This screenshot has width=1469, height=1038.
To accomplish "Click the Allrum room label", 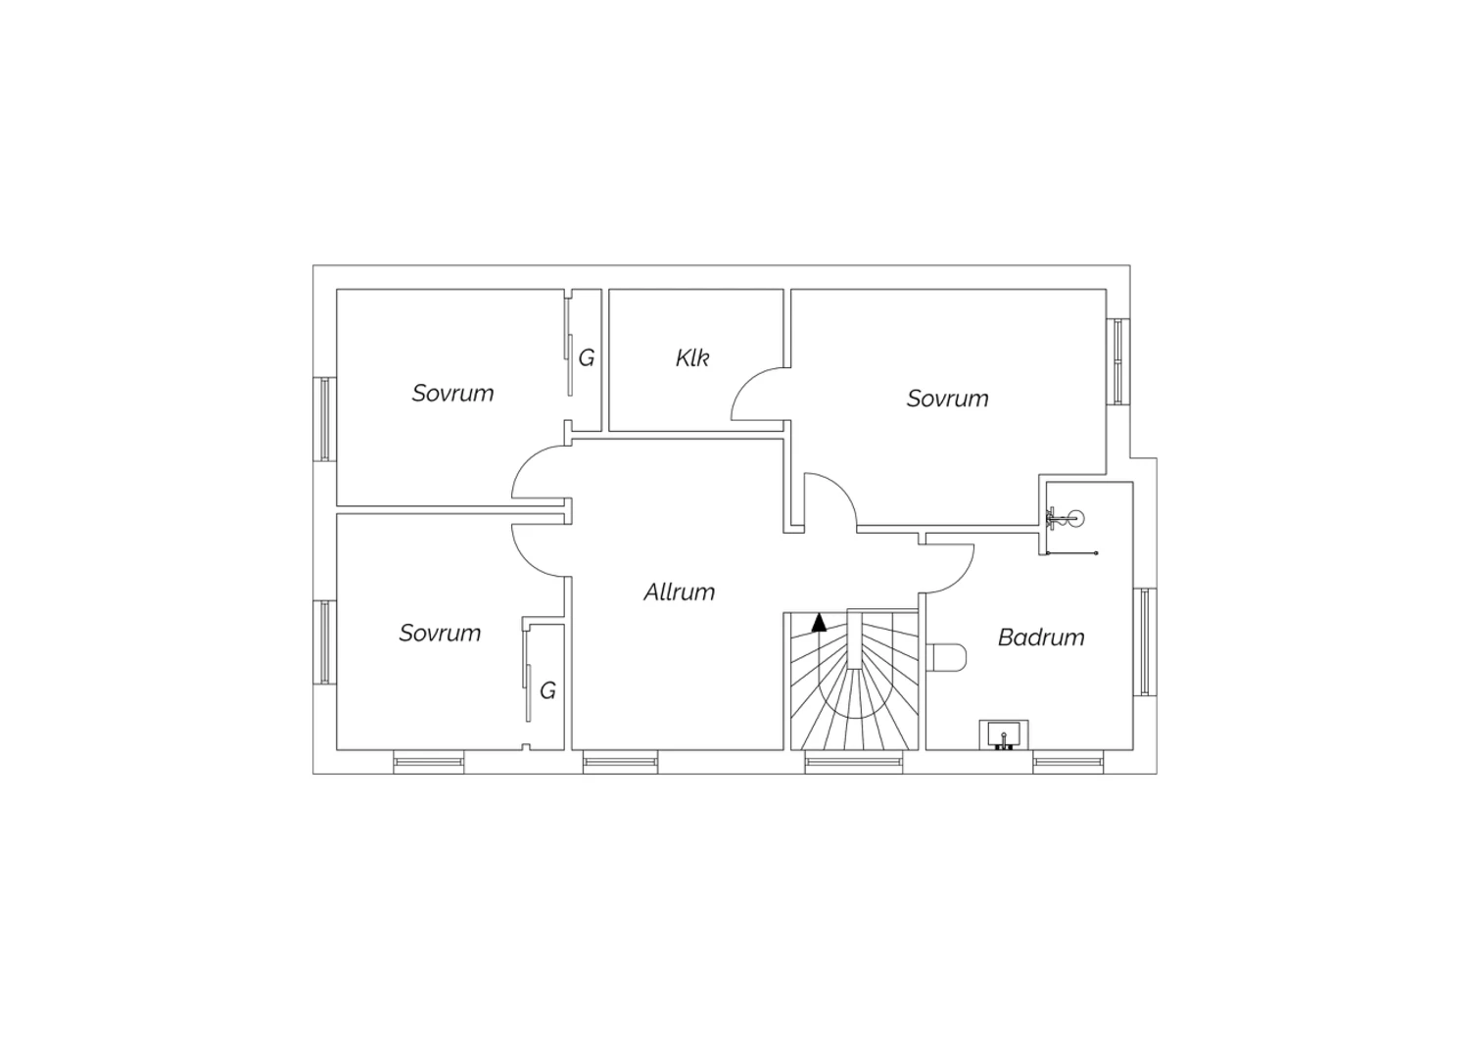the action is point(679,592).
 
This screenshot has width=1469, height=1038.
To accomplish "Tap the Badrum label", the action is point(1041,637).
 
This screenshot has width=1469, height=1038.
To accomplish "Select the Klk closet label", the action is point(692,358).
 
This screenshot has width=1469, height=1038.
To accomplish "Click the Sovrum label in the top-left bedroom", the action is point(452,394).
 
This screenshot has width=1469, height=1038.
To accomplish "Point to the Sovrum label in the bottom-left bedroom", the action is point(440,633).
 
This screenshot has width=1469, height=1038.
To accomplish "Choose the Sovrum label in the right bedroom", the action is point(947,399).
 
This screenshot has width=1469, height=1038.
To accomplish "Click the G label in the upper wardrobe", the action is point(587,358).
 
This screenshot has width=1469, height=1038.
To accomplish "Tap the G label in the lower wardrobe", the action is point(547,690).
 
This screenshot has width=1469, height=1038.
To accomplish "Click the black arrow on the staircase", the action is point(819,622).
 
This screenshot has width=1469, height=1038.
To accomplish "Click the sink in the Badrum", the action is point(1004,735).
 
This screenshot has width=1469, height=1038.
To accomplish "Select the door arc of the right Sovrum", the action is point(841,489).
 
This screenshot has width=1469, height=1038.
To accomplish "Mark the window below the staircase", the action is point(853,761).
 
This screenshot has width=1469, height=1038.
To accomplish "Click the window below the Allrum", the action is point(620,761).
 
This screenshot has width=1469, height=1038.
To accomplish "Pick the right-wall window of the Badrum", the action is point(1145,641).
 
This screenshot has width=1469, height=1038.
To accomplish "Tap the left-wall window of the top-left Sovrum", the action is point(324,419).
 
